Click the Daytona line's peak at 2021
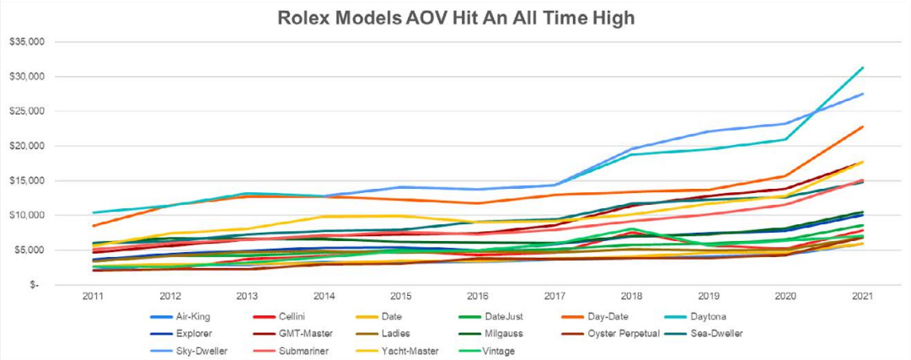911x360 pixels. [x=862, y=67]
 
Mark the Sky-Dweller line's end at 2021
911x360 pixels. [x=862, y=94]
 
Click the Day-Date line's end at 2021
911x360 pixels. [x=862, y=126]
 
